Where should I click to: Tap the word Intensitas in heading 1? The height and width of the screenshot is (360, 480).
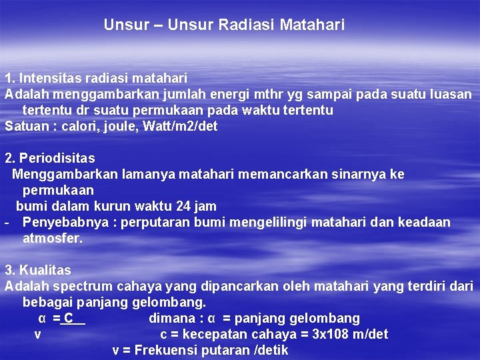pyautogui.click(x=47, y=79)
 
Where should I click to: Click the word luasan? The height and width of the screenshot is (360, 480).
pyautogui.click(x=450, y=94)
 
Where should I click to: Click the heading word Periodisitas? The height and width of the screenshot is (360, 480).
pyautogui.click(x=57, y=158)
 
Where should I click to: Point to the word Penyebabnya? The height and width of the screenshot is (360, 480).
pyautogui.click(x=61, y=222)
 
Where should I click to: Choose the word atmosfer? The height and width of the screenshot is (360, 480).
pyautogui.click(x=53, y=238)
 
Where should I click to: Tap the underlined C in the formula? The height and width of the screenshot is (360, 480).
pyautogui.click(x=69, y=318)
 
